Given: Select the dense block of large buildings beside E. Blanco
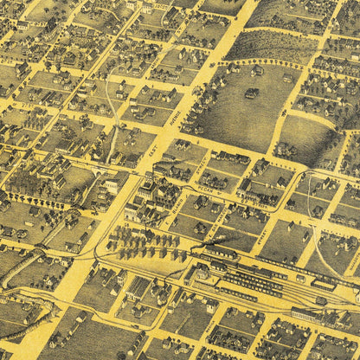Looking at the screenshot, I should (x=147, y=195).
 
